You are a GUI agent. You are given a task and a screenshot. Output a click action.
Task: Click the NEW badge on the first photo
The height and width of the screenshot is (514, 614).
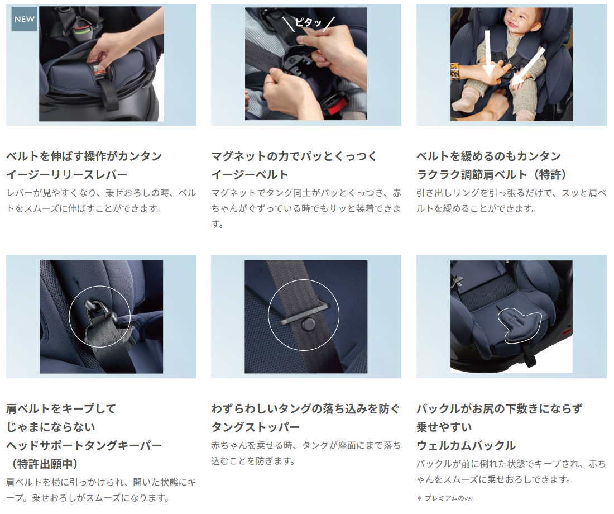pos(24,19)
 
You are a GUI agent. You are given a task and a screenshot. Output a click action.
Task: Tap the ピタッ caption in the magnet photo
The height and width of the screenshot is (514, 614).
pos(308,22)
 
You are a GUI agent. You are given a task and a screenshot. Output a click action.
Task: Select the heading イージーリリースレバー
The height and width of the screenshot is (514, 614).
pos(67,174)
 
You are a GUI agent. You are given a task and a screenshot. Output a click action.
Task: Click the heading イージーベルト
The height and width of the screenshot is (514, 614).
pos(250,174)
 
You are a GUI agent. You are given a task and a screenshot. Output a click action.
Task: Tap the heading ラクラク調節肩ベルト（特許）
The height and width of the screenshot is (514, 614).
pos(491,174)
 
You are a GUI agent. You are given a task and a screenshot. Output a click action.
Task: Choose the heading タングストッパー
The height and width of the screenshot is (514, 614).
pos(256,427)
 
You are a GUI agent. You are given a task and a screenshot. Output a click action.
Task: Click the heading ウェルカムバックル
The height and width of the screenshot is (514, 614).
pos(466,445)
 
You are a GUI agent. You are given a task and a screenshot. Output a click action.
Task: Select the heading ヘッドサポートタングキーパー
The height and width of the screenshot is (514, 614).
pos(84,445)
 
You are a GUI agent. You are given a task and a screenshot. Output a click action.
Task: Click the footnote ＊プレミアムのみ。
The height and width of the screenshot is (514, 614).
pos(445,498)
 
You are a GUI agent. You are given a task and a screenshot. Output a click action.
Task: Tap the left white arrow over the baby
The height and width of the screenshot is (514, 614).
pos(488,54)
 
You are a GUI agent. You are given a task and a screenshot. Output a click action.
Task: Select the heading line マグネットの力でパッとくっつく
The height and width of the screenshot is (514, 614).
pos(294,156)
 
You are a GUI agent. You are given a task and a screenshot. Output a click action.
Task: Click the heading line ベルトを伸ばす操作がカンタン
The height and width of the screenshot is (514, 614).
pos(84,156)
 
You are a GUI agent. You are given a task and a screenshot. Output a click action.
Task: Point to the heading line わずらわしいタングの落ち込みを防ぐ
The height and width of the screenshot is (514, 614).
pos(305,409)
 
